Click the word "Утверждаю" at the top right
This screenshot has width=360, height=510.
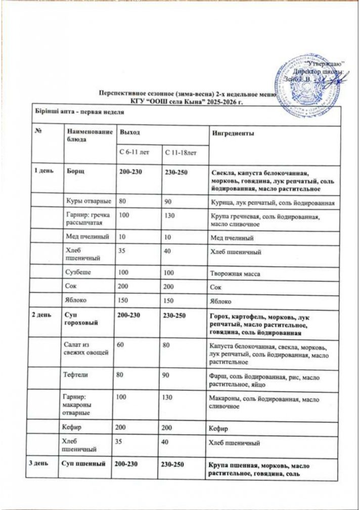coord(327,63)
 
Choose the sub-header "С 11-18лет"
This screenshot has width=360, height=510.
coord(178,152)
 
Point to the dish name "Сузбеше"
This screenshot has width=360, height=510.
coord(78,273)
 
